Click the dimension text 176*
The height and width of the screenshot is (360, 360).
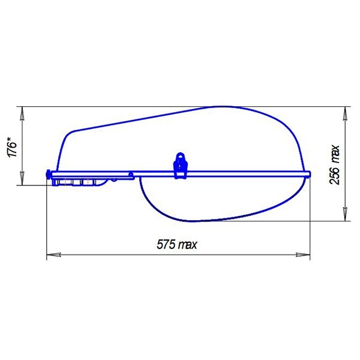(13, 148)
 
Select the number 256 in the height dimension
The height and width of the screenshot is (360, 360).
(334, 176)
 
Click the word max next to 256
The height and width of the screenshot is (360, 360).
(335, 154)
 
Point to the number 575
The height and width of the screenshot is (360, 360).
(166, 244)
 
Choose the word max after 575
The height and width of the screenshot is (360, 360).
(188, 245)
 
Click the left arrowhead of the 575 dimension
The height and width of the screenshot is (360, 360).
(54, 254)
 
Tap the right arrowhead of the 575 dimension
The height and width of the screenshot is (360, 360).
(303, 254)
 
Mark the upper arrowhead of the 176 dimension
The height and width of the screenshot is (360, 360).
(22, 113)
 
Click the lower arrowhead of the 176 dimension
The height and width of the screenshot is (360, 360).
(22, 178)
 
